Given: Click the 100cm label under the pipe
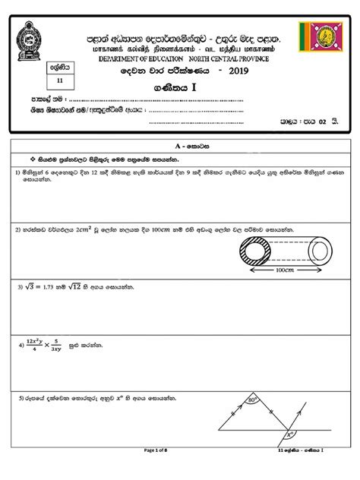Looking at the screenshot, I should [285, 270].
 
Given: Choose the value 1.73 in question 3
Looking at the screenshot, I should [52, 288].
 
